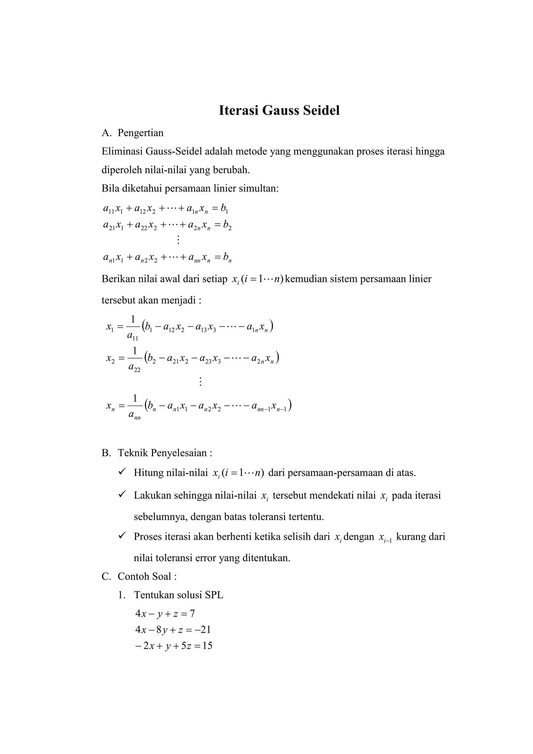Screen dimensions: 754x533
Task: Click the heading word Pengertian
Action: pyautogui.click(x=141, y=133)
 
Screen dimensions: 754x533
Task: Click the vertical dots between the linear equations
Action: pyautogui.click(x=178, y=240)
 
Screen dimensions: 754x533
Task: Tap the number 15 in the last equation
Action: pyautogui.click(x=207, y=646)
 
